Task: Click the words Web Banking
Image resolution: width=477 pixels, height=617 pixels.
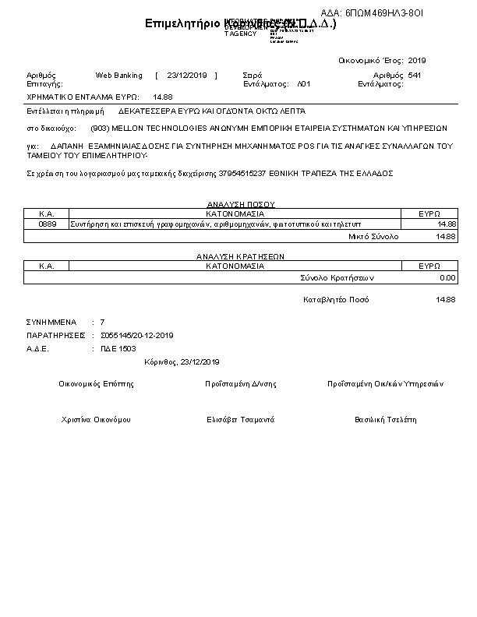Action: tap(119, 76)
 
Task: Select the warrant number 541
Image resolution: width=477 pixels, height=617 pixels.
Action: tap(415, 76)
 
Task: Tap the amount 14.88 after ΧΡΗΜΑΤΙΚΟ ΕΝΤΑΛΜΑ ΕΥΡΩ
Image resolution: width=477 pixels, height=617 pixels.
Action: tap(163, 97)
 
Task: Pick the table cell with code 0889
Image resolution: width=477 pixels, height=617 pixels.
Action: tap(47, 224)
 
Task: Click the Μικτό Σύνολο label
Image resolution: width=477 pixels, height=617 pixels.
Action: tap(373, 235)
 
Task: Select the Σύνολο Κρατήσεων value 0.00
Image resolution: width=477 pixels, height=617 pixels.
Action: tap(447, 277)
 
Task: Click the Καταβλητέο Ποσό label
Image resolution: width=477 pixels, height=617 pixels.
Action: tap(336, 300)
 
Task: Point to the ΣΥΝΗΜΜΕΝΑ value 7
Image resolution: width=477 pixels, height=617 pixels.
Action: tap(102, 322)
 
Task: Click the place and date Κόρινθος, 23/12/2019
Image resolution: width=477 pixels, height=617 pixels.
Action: tap(182, 362)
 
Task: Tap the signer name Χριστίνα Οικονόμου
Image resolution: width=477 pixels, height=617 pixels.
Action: tap(96, 420)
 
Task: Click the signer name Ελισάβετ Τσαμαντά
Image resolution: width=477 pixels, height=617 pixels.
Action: tap(240, 420)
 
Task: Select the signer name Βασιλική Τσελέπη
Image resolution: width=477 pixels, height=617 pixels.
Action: tap(385, 420)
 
